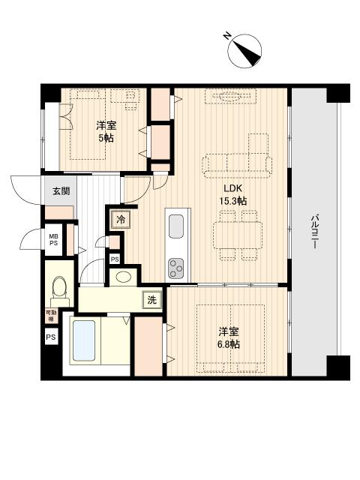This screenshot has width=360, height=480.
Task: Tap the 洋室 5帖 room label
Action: (106, 132)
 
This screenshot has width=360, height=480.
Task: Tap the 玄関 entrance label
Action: (61, 191)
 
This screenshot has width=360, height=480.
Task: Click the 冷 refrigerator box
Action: (120, 220)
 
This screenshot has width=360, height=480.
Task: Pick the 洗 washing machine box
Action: (151, 300)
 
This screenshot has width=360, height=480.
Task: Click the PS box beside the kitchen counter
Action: (114, 259)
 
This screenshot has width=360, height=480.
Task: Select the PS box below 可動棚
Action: (51, 337)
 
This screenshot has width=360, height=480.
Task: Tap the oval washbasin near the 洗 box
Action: (124, 277)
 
